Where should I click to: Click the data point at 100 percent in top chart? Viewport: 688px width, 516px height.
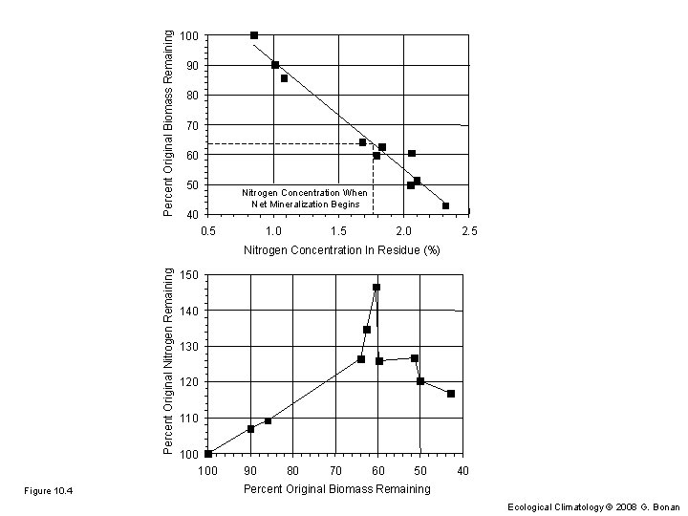254,35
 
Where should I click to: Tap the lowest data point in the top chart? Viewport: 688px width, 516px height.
445,205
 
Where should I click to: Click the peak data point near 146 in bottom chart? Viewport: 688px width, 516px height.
376,287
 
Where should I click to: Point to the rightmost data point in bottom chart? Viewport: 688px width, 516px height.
451,394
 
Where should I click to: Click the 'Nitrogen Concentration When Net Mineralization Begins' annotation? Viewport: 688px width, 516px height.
305,198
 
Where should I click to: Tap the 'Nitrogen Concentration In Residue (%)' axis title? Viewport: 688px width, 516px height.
341,250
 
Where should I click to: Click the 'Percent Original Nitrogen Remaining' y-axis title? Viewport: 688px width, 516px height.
168,364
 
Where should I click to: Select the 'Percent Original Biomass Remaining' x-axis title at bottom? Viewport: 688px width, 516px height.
336,489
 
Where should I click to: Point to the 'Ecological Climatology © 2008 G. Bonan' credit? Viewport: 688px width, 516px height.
594,506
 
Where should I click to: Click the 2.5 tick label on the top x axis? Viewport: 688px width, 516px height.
468,231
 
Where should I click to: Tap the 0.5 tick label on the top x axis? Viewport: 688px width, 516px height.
208,231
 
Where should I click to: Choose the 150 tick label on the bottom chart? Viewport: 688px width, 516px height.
189,275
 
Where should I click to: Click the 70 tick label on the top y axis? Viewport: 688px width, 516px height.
192,125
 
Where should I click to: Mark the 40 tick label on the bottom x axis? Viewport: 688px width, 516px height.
462,470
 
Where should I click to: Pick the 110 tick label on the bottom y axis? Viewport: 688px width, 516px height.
189,419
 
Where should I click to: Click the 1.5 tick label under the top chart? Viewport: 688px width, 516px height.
338,231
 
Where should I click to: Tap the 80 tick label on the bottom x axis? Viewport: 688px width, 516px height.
292,470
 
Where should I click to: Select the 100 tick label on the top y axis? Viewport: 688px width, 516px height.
189,36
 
